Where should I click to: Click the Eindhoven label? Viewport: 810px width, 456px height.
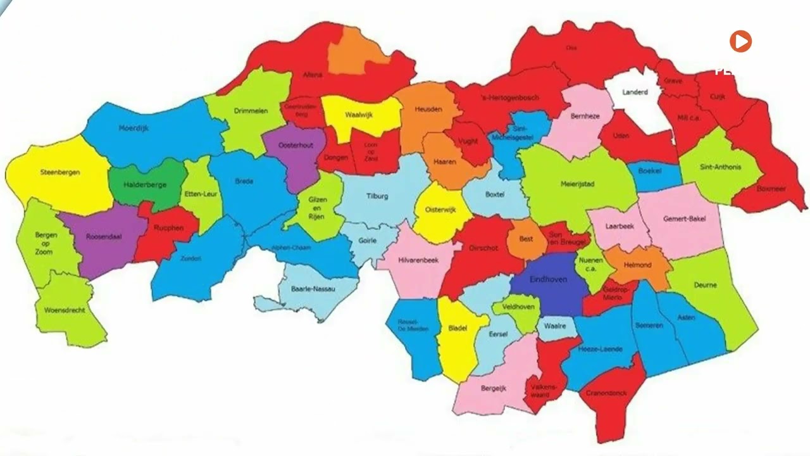[x=548, y=279]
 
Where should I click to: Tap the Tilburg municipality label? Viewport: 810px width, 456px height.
[x=377, y=196]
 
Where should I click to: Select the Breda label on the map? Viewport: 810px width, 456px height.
[x=244, y=182]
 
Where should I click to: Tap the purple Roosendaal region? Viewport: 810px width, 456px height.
[x=104, y=237]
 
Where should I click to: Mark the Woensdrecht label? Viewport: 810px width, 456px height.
[x=65, y=310]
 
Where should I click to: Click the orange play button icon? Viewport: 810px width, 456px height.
[x=740, y=42]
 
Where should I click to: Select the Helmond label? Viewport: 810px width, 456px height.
[x=637, y=265]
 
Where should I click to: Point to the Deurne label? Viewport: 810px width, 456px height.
[x=705, y=285]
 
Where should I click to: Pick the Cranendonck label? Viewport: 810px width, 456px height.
[x=606, y=393]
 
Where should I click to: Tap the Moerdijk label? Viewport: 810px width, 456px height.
[x=134, y=128]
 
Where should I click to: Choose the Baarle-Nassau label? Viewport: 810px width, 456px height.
[x=312, y=289]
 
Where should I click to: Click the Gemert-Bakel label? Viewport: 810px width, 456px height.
[x=684, y=219]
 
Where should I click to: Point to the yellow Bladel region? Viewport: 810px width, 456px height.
[x=457, y=329]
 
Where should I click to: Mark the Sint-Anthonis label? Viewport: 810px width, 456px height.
[x=720, y=167]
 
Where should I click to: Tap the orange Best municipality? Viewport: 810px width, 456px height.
[x=526, y=239]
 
